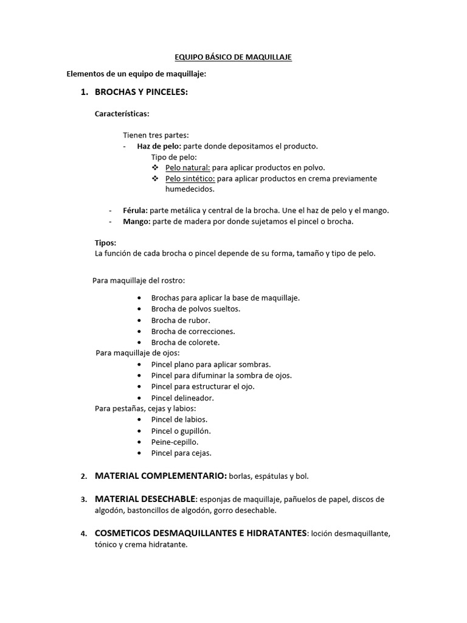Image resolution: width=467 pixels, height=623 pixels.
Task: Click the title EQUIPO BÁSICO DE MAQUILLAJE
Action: point(233,57)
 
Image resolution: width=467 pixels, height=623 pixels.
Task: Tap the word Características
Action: point(122,114)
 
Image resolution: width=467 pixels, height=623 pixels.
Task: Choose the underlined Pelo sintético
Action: point(190,178)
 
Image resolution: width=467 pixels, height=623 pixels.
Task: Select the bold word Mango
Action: point(136,221)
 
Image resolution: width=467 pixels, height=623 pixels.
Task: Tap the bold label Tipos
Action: point(105,243)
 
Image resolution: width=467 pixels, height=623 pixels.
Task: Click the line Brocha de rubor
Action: point(181,320)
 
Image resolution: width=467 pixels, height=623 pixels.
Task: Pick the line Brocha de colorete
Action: point(185,343)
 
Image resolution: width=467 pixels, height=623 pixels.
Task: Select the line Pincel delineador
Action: point(182,398)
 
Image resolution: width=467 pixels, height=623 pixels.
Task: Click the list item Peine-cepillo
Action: point(175,442)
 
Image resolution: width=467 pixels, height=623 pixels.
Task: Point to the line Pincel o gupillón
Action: point(181,431)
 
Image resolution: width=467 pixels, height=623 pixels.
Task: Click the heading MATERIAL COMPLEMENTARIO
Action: point(161,475)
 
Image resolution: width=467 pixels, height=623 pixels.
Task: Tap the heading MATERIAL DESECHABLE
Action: point(145,499)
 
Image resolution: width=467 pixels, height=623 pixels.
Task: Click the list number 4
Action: point(83,534)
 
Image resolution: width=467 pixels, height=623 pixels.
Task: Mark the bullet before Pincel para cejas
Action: point(140,453)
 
